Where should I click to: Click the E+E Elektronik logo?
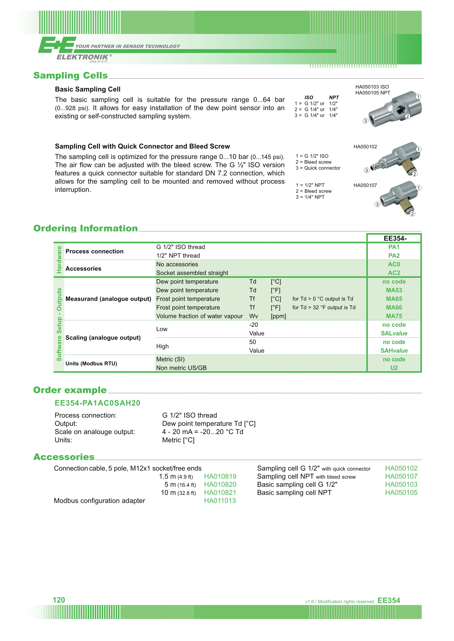[x=75, y=49]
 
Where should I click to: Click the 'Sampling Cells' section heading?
[x=70, y=75]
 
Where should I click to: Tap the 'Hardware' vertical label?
[x=59, y=260]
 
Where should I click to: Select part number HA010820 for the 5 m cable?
[x=220, y=485]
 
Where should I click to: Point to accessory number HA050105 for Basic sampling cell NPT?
[x=401, y=493]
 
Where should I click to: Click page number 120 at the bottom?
[x=59, y=600]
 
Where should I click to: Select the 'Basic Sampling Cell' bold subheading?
[x=88, y=89]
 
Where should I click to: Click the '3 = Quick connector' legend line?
[x=318, y=168]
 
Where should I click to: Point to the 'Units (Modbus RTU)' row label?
[x=91, y=364]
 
